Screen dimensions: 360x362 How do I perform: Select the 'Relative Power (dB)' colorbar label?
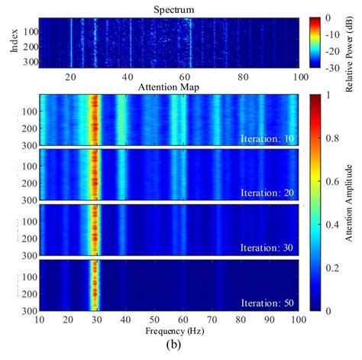352,42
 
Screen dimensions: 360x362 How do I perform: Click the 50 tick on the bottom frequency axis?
155,319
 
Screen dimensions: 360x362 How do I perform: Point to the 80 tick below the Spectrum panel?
242,77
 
